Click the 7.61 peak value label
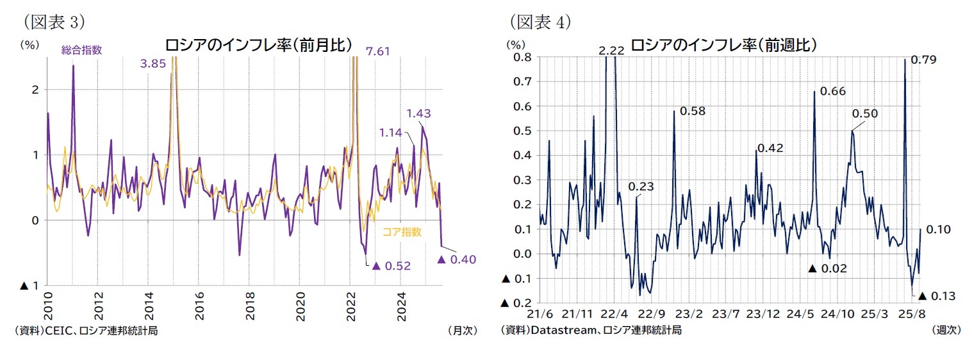tap(378, 51)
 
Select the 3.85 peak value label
tap(153, 64)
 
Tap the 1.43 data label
tap(418, 113)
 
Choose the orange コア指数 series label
tap(402, 232)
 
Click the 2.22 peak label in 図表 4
tap(611, 51)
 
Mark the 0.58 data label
tap(692, 111)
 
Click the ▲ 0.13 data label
tap(937, 295)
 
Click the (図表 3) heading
tap(54, 22)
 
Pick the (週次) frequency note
tap(946, 330)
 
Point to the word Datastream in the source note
tap(557, 330)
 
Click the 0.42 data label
tap(770, 148)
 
